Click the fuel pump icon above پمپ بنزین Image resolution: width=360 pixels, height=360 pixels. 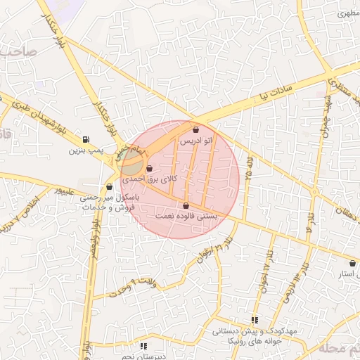point(86,139)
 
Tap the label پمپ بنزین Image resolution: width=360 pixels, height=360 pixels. point(86,150)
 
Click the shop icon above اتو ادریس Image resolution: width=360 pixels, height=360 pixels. point(195,130)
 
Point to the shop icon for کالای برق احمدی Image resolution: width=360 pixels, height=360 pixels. point(150,168)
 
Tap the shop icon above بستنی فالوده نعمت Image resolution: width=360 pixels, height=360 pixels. point(186,205)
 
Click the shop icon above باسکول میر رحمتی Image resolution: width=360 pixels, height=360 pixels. point(109,187)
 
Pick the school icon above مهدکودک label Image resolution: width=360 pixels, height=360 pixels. point(254,320)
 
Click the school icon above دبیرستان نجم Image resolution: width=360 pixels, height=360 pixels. point(143,346)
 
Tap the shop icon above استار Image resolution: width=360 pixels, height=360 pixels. point(352,263)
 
